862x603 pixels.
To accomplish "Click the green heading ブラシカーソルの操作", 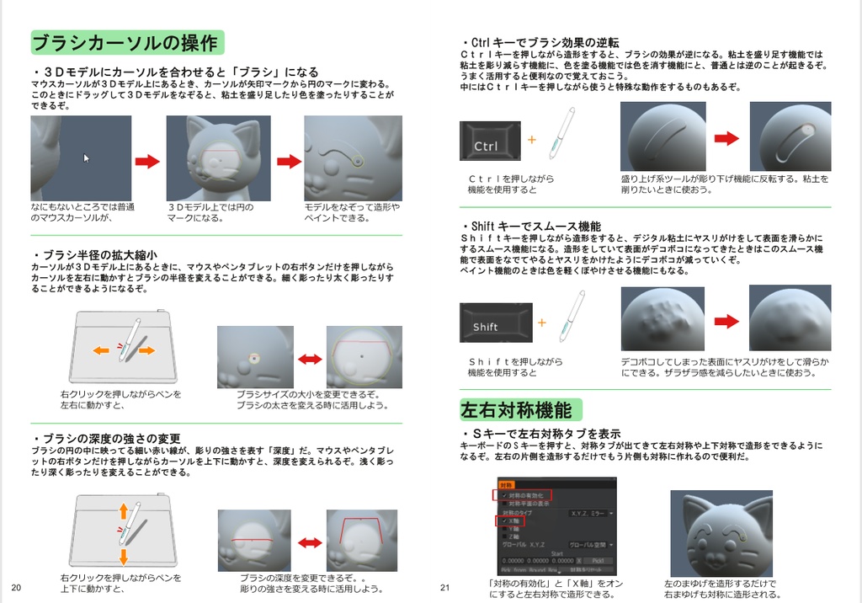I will pos(126,42).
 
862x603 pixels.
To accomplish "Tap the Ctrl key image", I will pos(489,141).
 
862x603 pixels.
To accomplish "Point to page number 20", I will pos(16,587).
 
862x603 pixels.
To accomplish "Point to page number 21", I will pos(445,587).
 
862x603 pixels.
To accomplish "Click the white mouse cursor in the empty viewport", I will pos(87,157).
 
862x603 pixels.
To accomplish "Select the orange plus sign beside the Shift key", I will pos(541,322).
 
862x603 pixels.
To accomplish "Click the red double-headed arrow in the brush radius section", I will pos(310,360).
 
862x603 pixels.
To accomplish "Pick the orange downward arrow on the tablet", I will pos(123,556).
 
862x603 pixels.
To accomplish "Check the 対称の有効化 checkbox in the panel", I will pos(504,495).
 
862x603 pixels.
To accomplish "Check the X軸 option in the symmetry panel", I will pos(504,521).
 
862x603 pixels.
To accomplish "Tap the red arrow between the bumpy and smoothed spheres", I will pos(726,321).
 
